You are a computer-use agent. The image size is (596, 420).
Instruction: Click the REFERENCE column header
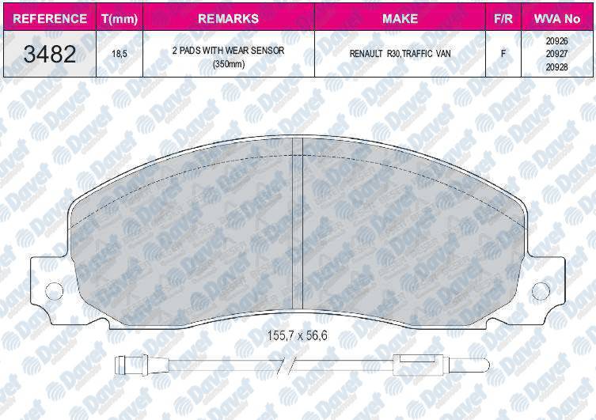50,19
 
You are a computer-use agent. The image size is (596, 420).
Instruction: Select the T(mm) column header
120,19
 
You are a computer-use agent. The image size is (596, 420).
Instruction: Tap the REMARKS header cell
229,19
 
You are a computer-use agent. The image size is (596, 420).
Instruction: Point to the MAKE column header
400,19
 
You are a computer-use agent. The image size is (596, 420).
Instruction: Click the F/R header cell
503,19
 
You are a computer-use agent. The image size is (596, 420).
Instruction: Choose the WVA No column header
557,19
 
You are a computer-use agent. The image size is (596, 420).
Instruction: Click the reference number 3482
50,54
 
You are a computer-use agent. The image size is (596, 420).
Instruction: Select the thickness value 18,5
120,54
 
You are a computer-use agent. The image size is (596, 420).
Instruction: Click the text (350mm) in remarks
229,64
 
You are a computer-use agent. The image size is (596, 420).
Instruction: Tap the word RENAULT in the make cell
366,54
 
